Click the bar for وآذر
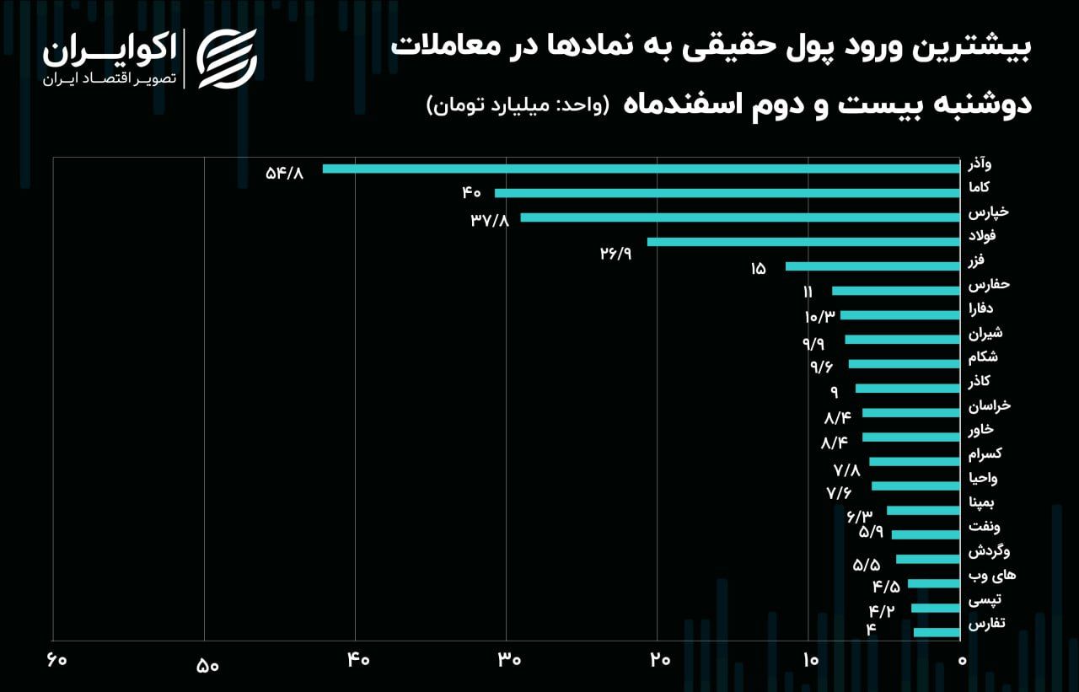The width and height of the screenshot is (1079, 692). pos(641,169)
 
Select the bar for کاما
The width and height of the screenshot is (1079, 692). pos(727,193)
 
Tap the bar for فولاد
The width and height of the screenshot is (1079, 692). pos(803,242)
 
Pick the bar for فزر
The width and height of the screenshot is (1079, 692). pos(872,266)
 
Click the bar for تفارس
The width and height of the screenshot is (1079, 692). pos(937,632)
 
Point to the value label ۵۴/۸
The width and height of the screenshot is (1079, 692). pos(283,173)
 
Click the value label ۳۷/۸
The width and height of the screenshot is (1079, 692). pos(490,221)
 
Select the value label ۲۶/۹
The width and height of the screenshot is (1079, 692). pos(616,254)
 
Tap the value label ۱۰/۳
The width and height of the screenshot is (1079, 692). pos(819,317)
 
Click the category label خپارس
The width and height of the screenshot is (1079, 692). pos(988,212)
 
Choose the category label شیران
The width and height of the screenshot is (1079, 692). pos(985,333)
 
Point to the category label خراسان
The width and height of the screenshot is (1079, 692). pos(989,406)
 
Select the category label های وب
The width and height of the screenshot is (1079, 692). pos(991,577)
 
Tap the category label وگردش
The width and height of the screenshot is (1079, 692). pos(989,552)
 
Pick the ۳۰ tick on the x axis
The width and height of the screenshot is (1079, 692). pos(508,660)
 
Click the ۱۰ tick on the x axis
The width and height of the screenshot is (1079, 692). pos(810,660)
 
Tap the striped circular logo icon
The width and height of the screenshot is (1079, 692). pos(227,58)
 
